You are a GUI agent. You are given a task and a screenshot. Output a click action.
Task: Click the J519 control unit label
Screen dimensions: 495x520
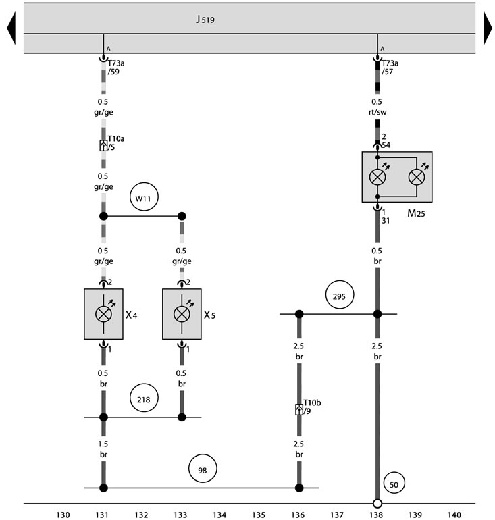click(205, 19)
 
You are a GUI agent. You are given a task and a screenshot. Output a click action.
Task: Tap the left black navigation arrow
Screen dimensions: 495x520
click(11, 28)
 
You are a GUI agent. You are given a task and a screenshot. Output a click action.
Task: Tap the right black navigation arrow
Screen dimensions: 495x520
click(488, 28)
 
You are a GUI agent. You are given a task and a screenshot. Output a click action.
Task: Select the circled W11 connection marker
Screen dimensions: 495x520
click(144, 197)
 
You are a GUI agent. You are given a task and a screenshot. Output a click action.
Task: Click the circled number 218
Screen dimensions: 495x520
click(144, 398)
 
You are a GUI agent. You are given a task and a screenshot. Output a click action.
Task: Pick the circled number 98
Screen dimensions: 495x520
click(203, 469)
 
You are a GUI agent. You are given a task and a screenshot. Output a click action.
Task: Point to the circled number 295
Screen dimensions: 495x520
click(340, 295)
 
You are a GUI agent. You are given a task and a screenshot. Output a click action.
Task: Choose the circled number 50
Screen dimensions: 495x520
click(394, 483)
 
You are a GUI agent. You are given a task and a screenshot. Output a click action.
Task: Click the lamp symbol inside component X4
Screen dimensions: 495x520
click(103, 314)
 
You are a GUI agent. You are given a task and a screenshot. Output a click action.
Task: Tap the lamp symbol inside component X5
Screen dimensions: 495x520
click(182, 314)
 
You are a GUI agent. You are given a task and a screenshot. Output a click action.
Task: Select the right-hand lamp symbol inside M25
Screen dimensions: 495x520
click(417, 177)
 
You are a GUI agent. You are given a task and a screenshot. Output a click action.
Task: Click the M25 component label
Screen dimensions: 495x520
click(416, 213)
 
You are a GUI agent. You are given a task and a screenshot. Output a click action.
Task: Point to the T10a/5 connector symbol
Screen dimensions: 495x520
click(103, 146)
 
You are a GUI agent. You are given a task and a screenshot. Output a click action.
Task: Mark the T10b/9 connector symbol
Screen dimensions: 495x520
click(298, 409)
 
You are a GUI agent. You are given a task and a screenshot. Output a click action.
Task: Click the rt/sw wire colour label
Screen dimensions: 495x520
click(377, 112)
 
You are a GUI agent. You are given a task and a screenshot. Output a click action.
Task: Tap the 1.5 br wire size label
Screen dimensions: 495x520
click(103, 449)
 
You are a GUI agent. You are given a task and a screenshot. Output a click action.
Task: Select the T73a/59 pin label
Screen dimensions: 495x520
click(116, 68)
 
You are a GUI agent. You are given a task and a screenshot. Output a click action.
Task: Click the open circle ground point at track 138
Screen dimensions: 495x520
click(377, 504)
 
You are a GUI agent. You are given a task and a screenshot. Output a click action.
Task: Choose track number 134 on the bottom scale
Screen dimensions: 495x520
click(219, 515)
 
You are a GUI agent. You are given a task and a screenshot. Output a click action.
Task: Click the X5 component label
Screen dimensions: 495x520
click(209, 315)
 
